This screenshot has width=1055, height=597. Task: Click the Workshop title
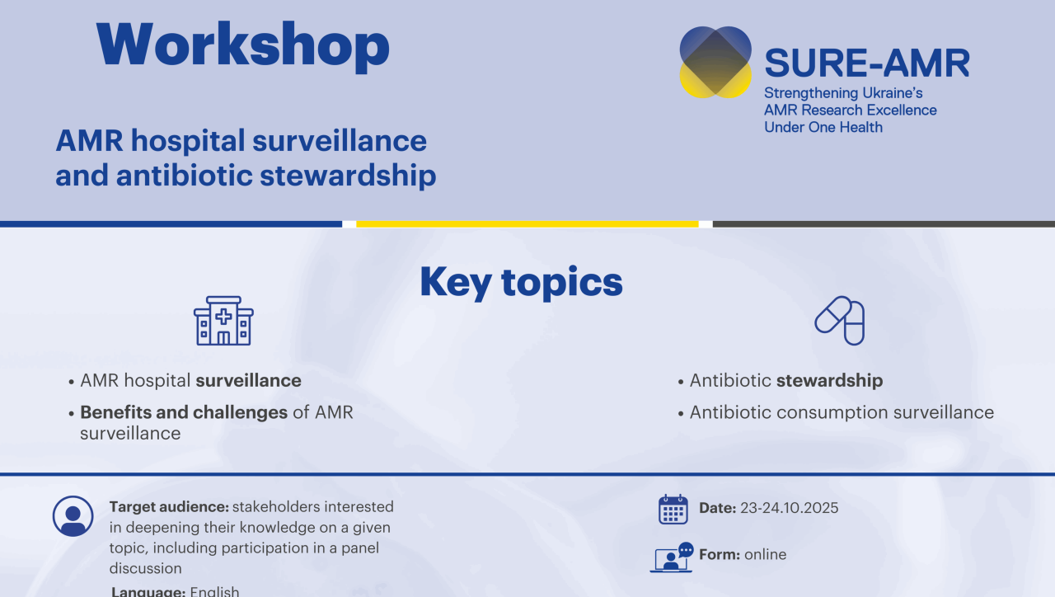(x=242, y=46)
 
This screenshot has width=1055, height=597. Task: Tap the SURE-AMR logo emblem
(x=715, y=62)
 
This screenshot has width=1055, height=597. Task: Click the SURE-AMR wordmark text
(x=867, y=63)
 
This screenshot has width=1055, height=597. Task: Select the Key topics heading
(x=521, y=282)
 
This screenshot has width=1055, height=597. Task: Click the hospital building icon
(x=223, y=321)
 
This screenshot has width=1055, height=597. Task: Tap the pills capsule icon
(x=840, y=321)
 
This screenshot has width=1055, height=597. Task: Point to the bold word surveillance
(x=249, y=380)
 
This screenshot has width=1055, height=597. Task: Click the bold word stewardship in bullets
(x=829, y=381)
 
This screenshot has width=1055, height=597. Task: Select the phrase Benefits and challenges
(x=184, y=413)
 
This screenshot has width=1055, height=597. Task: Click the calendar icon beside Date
(x=673, y=510)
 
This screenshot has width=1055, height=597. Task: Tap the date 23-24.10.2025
(x=790, y=508)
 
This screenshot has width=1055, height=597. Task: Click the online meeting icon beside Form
(x=672, y=557)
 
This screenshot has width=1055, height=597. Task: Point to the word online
(x=766, y=555)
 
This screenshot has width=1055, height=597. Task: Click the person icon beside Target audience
(x=73, y=516)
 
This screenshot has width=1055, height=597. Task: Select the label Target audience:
(x=169, y=507)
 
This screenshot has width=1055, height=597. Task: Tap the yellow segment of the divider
(x=527, y=224)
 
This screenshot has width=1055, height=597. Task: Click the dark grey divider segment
(x=884, y=224)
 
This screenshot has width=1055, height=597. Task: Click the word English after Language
(x=215, y=591)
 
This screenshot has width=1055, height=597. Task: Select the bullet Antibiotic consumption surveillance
(x=842, y=413)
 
